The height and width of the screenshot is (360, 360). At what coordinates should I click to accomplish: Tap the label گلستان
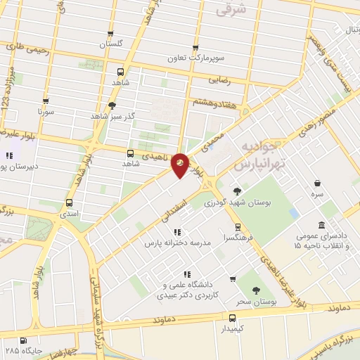(x=110, y=44)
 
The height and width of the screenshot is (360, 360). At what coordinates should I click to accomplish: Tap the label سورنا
(x=47, y=111)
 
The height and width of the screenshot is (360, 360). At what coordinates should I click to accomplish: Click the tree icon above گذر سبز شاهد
(x=112, y=105)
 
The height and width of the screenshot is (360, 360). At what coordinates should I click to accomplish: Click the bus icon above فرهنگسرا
(x=238, y=226)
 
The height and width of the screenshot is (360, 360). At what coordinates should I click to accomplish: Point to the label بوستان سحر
(x=252, y=301)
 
